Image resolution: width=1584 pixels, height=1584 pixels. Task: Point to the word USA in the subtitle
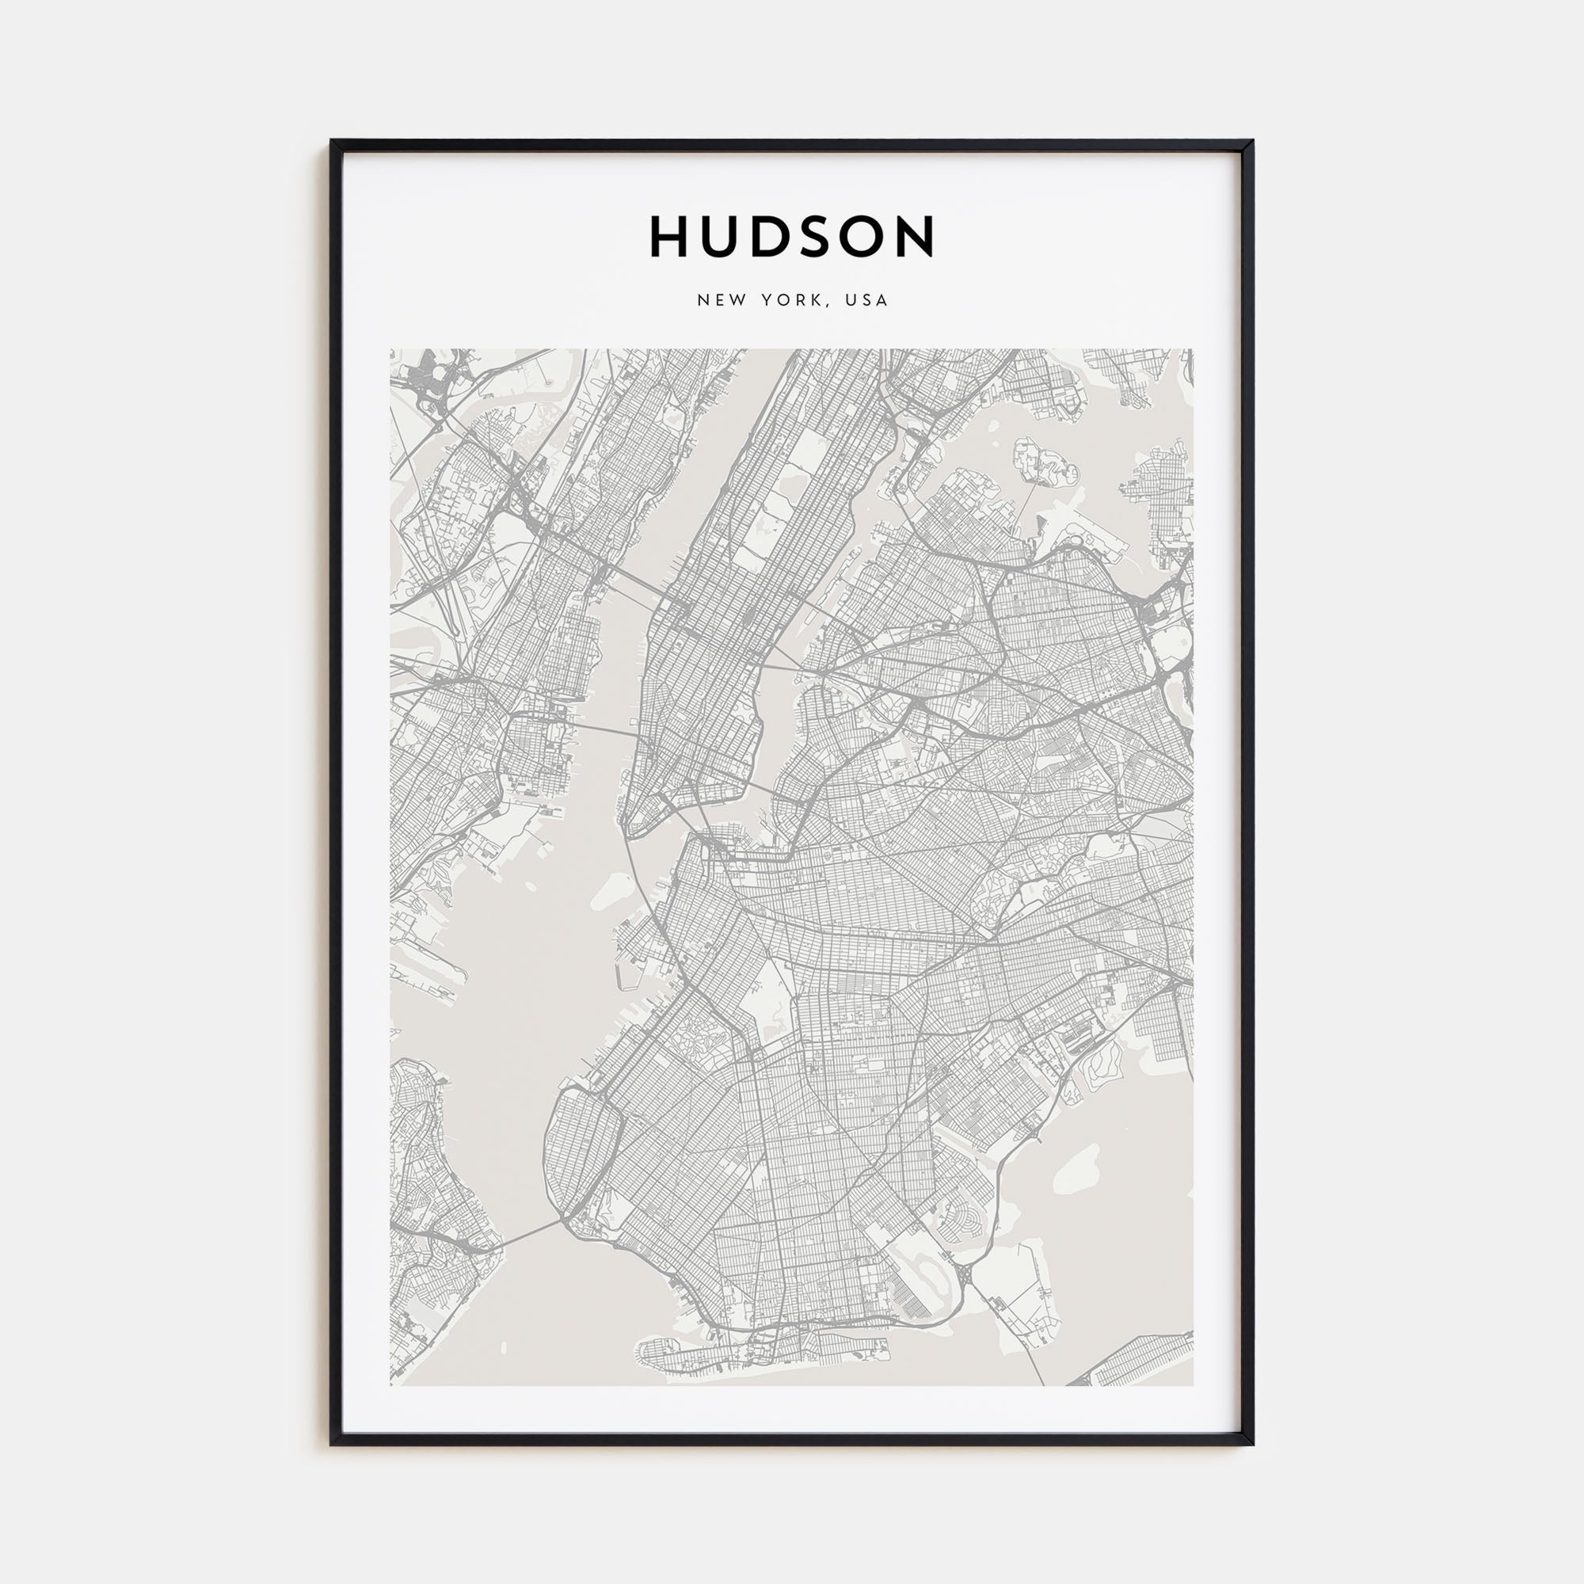866,300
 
